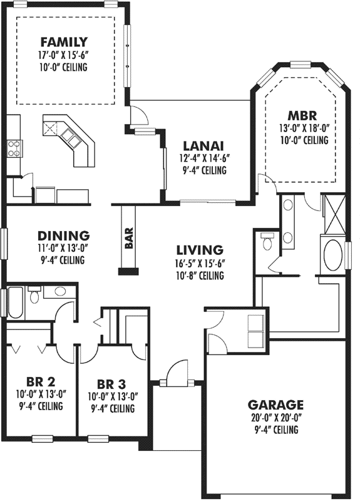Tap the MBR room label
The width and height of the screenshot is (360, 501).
coord(303,116)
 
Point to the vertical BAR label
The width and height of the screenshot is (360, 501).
coord(130,239)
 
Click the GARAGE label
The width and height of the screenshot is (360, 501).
coord(275,405)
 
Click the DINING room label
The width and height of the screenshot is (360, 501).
coord(63,236)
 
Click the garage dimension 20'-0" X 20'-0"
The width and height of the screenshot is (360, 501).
coord(275,418)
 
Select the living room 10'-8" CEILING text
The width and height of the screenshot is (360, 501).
coord(200,275)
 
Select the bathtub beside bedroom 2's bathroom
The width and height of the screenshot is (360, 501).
coord(13,301)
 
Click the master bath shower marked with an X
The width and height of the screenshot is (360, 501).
coord(332,213)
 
